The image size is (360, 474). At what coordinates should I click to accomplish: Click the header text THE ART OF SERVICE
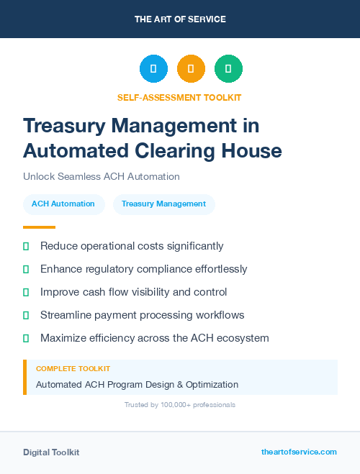180,19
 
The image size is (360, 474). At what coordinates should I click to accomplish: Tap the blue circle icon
153,69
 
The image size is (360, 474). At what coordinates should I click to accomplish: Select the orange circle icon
191,69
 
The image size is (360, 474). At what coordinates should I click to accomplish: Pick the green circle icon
228,69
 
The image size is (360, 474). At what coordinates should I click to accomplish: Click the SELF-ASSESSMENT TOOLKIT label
179,97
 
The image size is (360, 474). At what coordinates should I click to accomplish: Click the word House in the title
253,150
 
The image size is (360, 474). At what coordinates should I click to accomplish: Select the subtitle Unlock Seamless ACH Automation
101,176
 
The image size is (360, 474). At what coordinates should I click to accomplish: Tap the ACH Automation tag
63,204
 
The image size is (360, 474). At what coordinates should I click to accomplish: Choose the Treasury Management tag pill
163,204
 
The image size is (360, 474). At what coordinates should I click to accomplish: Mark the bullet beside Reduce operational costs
26,246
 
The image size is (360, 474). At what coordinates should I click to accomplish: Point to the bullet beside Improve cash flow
26,292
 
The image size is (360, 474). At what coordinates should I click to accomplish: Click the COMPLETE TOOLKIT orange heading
73,369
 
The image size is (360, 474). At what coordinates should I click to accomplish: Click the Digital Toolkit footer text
51,452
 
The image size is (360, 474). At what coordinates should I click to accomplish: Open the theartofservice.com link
299,452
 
